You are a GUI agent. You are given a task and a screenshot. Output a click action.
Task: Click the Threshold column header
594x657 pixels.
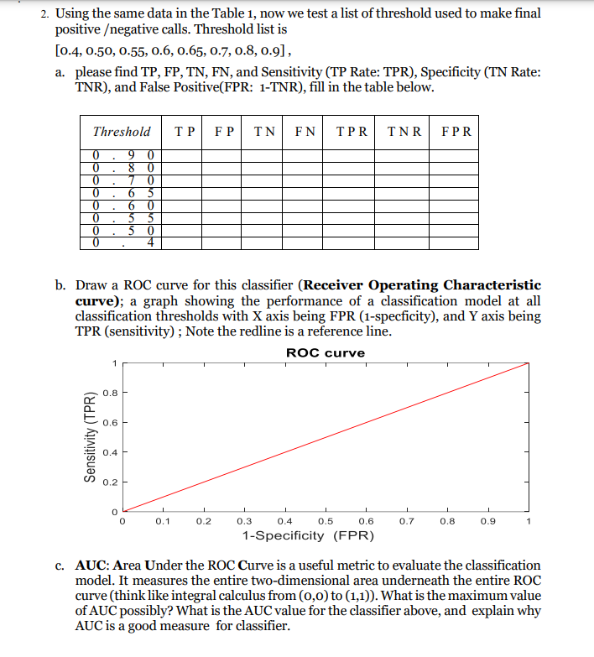[122, 132]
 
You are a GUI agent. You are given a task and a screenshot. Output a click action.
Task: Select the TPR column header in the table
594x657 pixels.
[352, 132]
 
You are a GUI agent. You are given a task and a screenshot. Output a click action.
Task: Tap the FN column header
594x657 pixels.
[305, 132]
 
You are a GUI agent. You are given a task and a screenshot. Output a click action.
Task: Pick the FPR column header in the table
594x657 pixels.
[456, 132]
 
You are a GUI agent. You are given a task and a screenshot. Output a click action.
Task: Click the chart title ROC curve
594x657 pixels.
[326, 352]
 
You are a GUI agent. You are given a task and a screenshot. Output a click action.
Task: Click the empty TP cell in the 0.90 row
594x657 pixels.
[185, 155]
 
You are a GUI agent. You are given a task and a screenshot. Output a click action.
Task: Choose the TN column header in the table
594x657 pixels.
[265, 132]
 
